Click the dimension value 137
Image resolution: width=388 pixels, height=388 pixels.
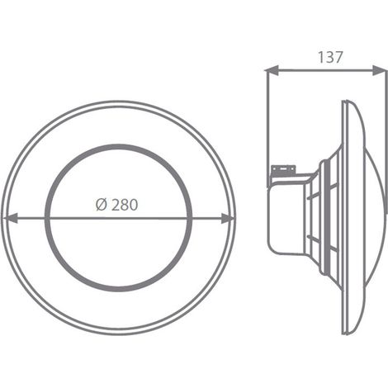(x=330, y=57)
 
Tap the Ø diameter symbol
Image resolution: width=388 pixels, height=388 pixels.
(x=101, y=205)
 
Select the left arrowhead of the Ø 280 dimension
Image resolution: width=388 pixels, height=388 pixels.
(x=11, y=218)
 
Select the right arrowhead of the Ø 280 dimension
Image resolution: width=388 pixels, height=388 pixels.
(x=228, y=218)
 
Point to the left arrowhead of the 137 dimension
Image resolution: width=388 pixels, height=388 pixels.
(x=272, y=70)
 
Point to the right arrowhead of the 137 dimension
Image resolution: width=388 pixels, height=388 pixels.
(x=379, y=70)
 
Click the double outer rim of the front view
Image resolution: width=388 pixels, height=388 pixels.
(x=119, y=102)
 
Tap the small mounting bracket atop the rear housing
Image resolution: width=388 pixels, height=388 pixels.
(x=283, y=170)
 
